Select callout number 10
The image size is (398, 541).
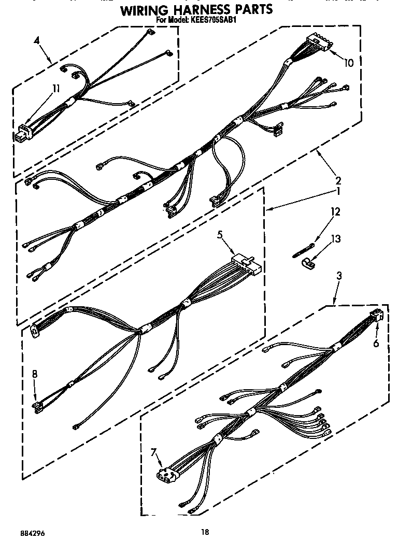tap(349, 63)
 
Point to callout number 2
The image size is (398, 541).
tap(338, 181)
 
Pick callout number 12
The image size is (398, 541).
tap(336, 211)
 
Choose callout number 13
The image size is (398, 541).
tap(336, 239)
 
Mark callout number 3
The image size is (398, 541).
tap(339, 276)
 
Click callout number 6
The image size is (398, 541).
tap(376, 343)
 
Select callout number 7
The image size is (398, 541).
tap(153, 453)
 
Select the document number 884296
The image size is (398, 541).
tap(18, 532)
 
